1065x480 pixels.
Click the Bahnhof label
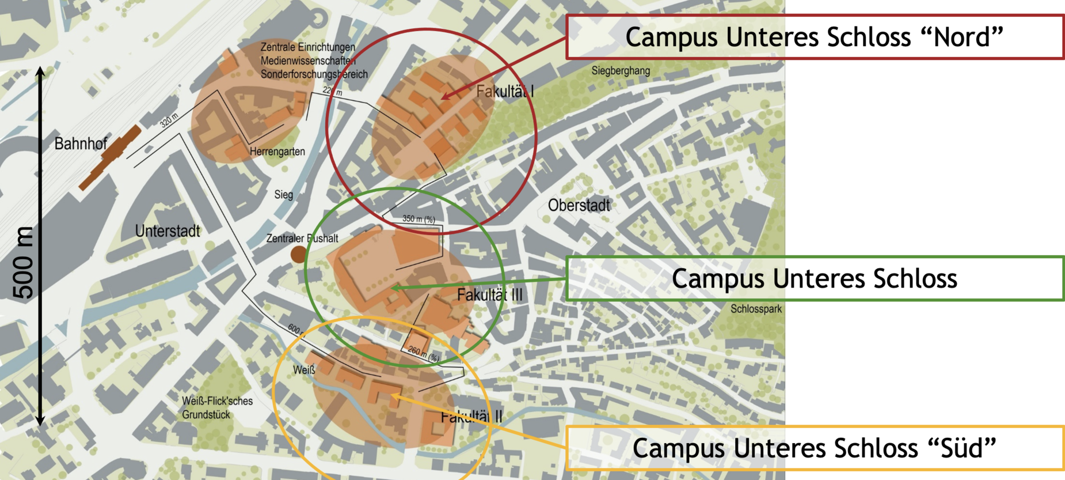pos(81,144)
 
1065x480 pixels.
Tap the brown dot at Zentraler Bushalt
pos(298,254)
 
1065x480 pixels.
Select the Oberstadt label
pos(579,205)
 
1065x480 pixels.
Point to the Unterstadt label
pos(168,231)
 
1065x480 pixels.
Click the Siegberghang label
pos(621,71)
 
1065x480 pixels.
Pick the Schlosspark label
pos(756,309)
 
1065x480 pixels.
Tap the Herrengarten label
pos(277,152)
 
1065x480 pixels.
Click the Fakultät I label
pos(505,91)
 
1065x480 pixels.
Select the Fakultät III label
pos(489,295)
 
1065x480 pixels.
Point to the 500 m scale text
pos(24,262)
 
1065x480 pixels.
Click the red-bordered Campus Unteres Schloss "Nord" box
pos(815,37)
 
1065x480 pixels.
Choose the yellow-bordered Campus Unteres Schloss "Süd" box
pos(815,448)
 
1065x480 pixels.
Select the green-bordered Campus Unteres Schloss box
pos(815,278)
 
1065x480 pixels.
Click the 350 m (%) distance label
pos(419,219)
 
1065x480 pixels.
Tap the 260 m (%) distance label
pos(423,353)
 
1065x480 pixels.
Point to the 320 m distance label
pos(169,120)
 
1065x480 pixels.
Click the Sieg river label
pos(283,195)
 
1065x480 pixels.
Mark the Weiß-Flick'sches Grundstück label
pos(217,407)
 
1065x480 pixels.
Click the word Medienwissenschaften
pos(308,61)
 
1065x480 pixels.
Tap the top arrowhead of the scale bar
pos(40,71)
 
